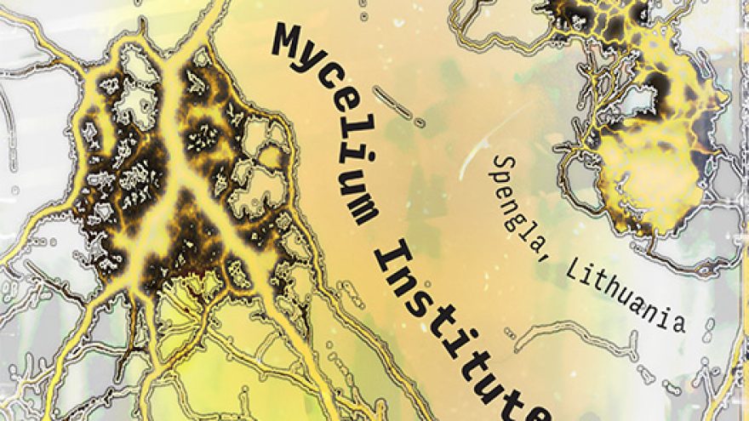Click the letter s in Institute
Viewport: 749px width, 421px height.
pos(417,290)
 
